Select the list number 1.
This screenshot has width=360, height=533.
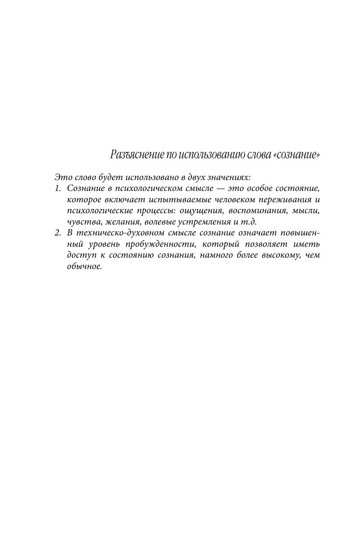[x=58, y=188]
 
